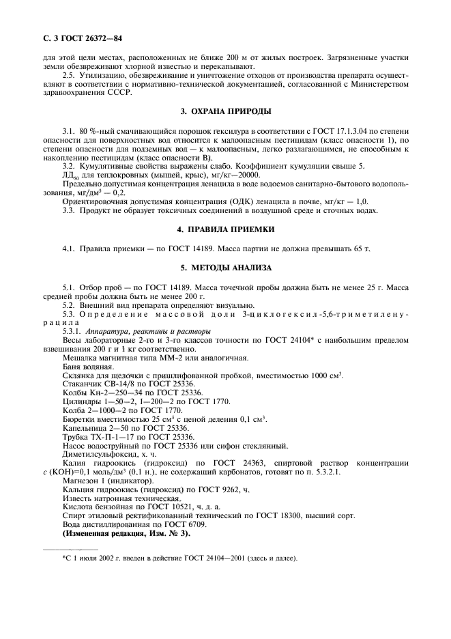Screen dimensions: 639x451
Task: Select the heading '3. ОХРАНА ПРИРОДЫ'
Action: pos(225,111)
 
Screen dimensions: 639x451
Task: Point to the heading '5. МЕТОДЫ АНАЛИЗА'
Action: pos(225,267)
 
